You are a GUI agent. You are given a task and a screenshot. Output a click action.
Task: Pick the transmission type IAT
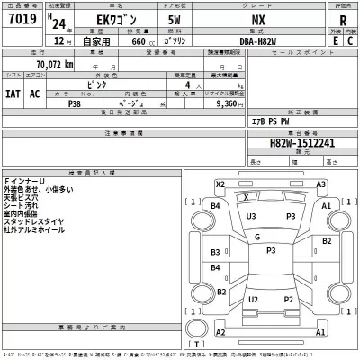[x=13, y=94]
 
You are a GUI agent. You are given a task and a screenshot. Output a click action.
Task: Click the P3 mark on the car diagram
[x=291, y=216]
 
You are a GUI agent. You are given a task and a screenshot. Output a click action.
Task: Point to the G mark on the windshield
[x=257, y=237]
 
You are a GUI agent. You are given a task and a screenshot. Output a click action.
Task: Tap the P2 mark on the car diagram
[x=290, y=300]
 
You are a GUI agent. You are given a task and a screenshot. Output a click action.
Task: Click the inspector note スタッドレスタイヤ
[x=32, y=220]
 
